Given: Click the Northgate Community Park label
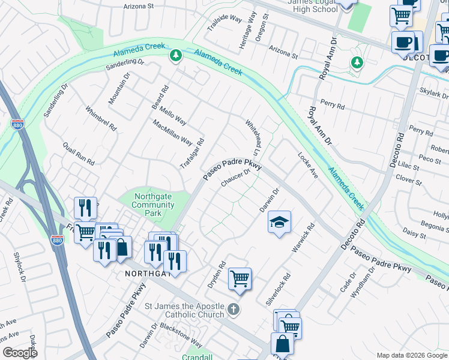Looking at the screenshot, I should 152,205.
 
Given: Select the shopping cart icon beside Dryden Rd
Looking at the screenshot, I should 240,279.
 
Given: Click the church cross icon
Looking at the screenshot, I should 234,310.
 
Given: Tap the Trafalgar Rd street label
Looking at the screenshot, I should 193,154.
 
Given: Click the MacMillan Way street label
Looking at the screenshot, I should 172,133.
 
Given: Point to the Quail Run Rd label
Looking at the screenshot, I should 79,154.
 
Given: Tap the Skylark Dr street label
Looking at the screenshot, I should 435,95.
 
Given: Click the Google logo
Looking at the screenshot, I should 20,353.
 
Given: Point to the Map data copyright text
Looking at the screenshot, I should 411,355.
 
